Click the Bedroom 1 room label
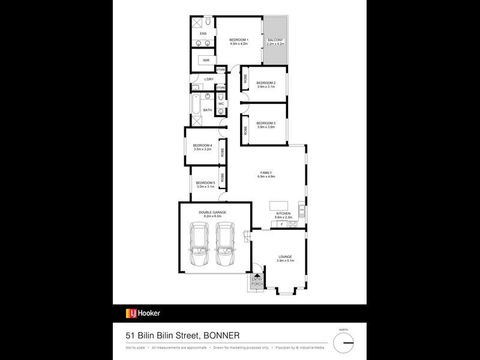[x=239, y=40]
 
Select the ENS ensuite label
[x=203, y=34]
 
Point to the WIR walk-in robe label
[x=206, y=61]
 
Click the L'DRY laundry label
[x=209, y=79]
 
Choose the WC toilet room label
[x=221, y=104]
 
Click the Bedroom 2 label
[x=266, y=83]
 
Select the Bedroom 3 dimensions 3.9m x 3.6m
[x=266, y=127]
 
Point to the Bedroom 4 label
[x=202, y=146]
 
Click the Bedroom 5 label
[x=205, y=182]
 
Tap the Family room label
[x=266, y=173]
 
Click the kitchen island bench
[x=278, y=205]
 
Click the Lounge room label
[x=285, y=257]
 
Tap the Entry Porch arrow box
[x=257, y=280]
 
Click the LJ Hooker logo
[x=142, y=313]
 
